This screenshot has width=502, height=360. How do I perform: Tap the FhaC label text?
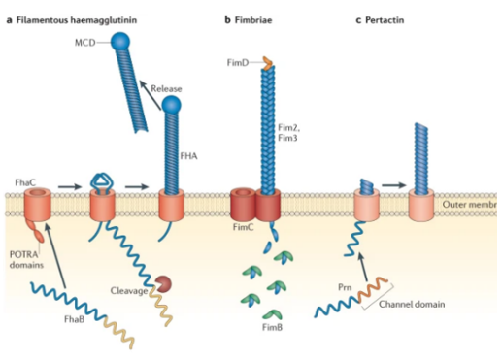point(26,181)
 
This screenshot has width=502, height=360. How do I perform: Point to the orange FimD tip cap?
point(269,64)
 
